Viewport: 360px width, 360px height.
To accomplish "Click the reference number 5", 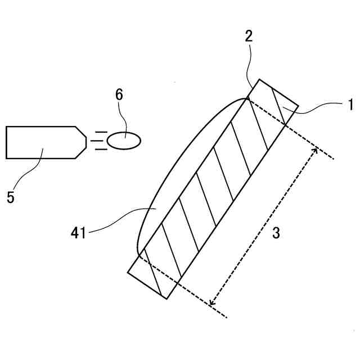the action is pyautogui.click(x=11, y=198).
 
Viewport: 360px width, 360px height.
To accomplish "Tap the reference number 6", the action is pyautogui.click(x=119, y=94).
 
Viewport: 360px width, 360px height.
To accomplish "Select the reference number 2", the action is pyautogui.click(x=249, y=37).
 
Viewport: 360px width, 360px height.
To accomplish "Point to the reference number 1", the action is pyautogui.click(x=349, y=103).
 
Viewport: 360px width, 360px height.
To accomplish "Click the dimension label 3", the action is pyautogui.click(x=276, y=233).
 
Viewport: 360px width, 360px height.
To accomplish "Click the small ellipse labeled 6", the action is pyautogui.click(x=124, y=141).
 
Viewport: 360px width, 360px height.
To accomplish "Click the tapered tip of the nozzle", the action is pyautogui.click(x=82, y=142).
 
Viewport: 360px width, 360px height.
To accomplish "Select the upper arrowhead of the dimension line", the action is pyautogui.click(x=316, y=149).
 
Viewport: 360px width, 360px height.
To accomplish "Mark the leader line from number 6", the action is pyautogui.click(x=123, y=118).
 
